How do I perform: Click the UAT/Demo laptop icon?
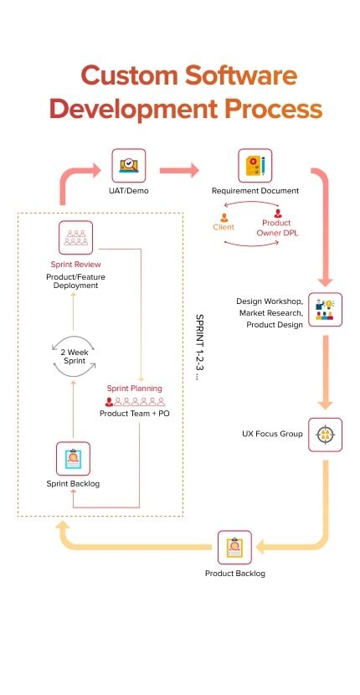128,166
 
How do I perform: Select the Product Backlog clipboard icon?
234,548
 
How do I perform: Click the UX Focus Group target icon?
324,435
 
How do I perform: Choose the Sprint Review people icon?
76,238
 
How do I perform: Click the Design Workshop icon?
324,309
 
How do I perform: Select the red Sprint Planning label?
134,389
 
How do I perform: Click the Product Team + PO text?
134,414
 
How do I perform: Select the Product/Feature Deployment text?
75,280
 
